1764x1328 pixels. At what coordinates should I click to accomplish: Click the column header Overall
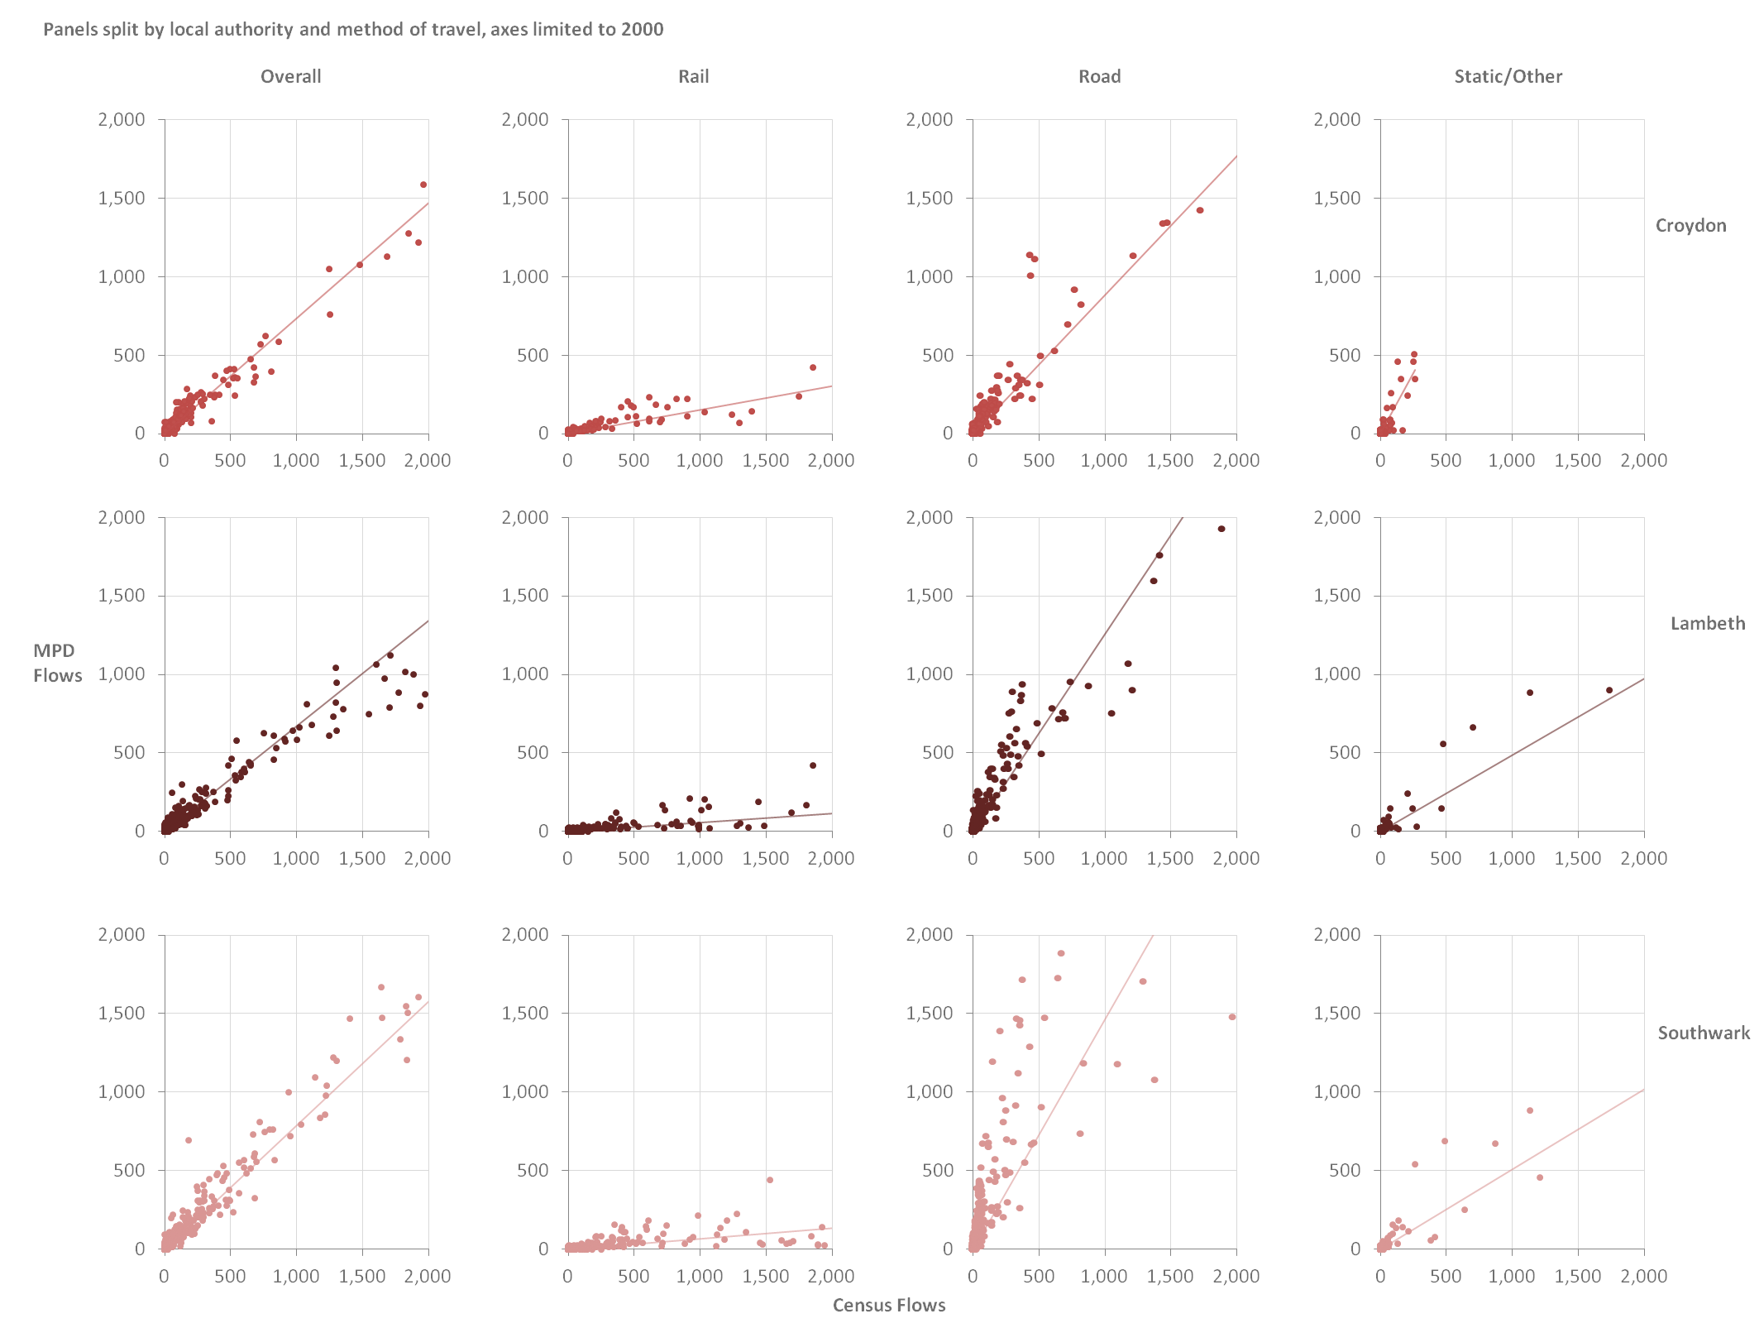[x=290, y=76]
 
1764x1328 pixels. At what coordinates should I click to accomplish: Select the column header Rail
[x=693, y=76]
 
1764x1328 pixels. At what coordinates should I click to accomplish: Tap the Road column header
[x=1099, y=76]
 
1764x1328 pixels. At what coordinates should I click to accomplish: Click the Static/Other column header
[x=1508, y=76]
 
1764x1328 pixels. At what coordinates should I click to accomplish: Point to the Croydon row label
[x=1690, y=225]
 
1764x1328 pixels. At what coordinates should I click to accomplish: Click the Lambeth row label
[x=1707, y=623]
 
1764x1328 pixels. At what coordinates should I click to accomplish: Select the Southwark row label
[x=1704, y=1033]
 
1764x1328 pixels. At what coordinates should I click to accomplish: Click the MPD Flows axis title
[x=57, y=663]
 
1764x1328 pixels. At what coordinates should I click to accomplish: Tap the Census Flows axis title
[x=888, y=1305]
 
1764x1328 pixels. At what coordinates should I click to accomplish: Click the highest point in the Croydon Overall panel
[x=423, y=185]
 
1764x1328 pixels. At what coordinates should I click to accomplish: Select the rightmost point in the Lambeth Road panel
[x=1221, y=529]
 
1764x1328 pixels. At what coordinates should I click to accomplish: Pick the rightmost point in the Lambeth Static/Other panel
[x=1609, y=690]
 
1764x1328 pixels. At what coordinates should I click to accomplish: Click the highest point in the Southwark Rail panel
[x=770, y=1180]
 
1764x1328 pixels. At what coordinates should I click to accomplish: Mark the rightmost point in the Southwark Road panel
[x=1232, y=1017]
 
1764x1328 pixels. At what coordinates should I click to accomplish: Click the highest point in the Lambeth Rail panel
[x=813, y=765]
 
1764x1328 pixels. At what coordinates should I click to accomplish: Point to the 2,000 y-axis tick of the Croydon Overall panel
[x=122, y=119]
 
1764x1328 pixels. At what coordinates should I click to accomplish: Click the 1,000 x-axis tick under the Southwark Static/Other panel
[x=1511, y=1276]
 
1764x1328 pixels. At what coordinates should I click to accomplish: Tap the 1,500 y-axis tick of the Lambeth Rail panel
[x=525, y=596]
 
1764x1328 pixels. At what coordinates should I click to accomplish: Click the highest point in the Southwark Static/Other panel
[x=1530, y=1110]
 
